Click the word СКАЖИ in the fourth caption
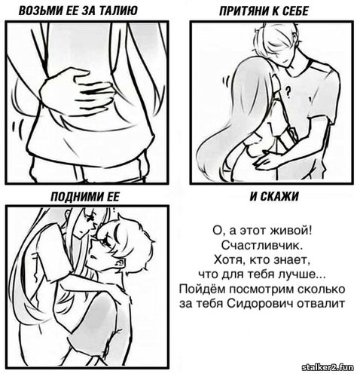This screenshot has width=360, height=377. pos(279,196)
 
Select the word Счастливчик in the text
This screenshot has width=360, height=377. pos(261,245)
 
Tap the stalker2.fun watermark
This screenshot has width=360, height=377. pos(328,368)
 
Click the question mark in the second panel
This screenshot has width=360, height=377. pos(288,92)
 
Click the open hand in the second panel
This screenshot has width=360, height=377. pos(268,159)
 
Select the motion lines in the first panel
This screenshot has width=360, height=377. pos(17,128)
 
